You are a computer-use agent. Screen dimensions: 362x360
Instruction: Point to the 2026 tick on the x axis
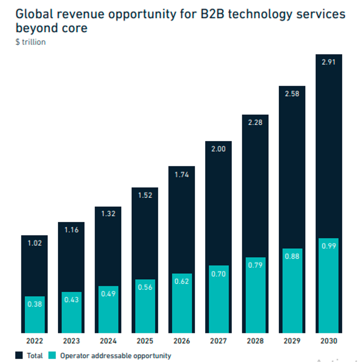[x=181, y=341]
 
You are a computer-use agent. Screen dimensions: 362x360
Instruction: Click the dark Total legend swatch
[x=19, y=355]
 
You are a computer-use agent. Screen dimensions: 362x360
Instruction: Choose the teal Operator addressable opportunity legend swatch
[x=52, y=355]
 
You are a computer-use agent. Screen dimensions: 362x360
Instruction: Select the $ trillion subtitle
[x=30, y=42]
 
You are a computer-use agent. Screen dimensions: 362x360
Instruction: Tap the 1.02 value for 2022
[x=34, y=243]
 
